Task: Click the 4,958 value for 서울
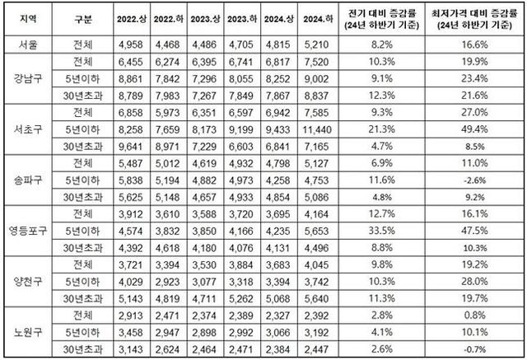[x=133, y=46]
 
